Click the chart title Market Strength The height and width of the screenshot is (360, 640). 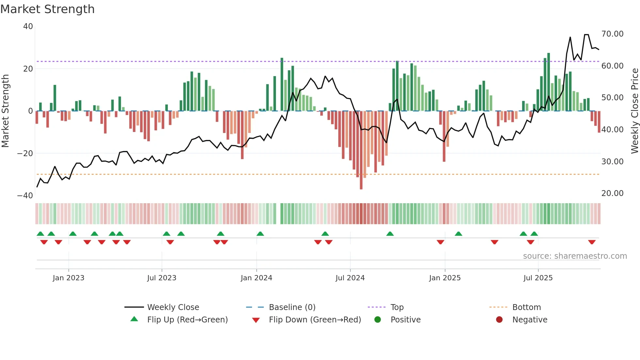click(47, 9)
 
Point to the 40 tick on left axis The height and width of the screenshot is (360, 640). click(28, 26)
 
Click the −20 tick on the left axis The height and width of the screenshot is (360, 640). click(25, 153)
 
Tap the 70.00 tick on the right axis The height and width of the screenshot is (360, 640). click(612, 34)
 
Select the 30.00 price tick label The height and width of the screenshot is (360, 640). click(612, 162)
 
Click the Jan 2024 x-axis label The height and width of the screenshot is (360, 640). click(256, 278)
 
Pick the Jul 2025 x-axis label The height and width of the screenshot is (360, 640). click(538, 278)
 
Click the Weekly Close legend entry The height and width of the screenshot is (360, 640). click(173, 307)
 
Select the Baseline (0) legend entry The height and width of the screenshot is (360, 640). click(292, 307)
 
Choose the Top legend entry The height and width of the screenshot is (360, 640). click(397, 307)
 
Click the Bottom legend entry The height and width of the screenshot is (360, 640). click(526, 307)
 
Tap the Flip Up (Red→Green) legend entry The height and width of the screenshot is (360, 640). click(187, 320)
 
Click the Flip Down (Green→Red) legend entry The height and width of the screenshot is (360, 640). click(315, 320)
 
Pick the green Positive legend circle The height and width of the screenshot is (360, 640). click(378, 320)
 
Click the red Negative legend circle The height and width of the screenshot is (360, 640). click(499, 320)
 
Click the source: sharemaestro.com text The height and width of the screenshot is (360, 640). click(575, 256)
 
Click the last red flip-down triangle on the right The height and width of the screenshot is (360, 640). click(592, 242)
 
